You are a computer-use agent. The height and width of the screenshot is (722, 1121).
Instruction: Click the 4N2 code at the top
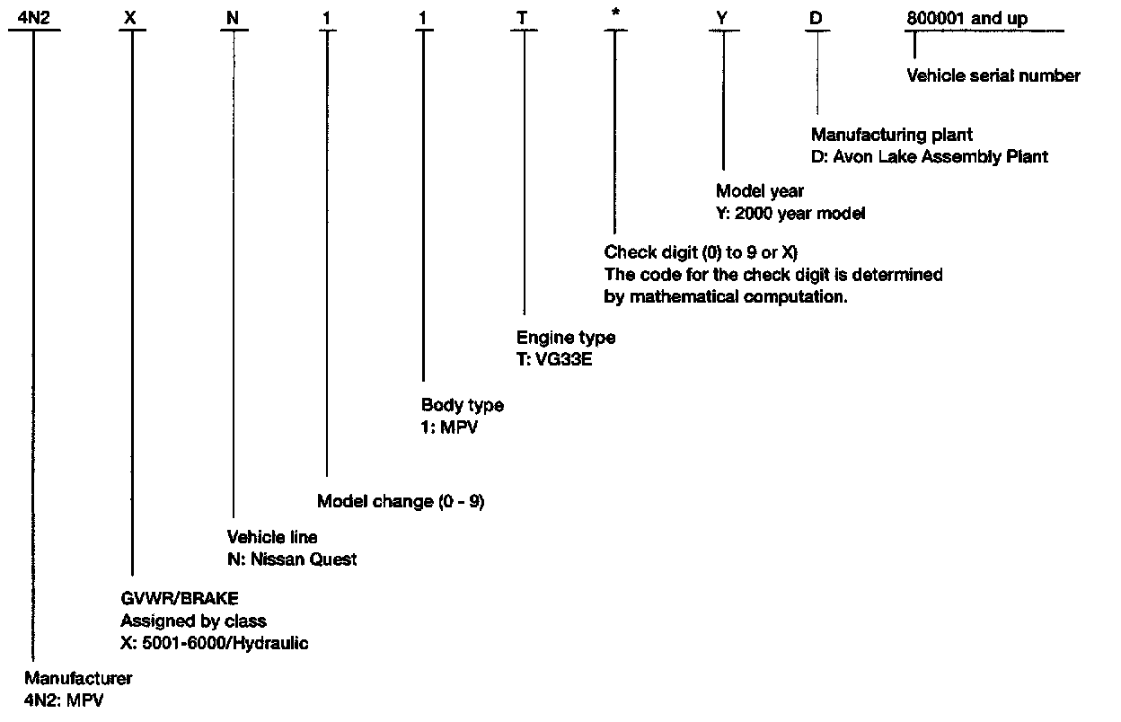click(33, 18)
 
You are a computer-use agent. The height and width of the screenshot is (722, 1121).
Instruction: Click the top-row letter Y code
click(721, 18)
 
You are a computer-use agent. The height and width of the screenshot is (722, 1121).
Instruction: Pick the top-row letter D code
click(816, 18)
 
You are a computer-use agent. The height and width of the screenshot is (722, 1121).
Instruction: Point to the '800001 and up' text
click(966, 18)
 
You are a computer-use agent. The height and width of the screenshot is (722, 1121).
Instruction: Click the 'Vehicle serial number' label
click(993, 76)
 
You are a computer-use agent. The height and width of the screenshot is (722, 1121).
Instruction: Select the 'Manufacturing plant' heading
click(891, 136)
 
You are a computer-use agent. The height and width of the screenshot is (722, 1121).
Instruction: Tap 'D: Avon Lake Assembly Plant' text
click(929, 157)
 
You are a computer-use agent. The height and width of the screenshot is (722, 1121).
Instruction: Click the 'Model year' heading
click(759, 191)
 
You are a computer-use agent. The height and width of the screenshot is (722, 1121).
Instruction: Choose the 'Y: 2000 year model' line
click(790, 214)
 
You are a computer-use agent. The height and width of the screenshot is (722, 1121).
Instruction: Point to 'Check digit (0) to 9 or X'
click(701, 253)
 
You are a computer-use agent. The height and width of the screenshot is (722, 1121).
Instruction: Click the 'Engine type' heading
click(565, 338)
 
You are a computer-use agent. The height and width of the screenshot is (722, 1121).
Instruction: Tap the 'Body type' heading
click(462, 405)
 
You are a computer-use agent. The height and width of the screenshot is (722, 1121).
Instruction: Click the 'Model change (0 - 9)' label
click(401, 502)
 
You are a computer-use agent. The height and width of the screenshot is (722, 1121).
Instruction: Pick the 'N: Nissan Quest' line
click(291, 559)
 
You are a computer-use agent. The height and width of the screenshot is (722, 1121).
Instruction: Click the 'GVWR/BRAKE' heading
click(180, 598)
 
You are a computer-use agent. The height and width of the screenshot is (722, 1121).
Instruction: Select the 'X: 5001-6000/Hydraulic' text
click(214, 644)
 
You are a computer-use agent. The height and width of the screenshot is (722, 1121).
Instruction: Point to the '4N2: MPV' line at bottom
click(64, 700)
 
